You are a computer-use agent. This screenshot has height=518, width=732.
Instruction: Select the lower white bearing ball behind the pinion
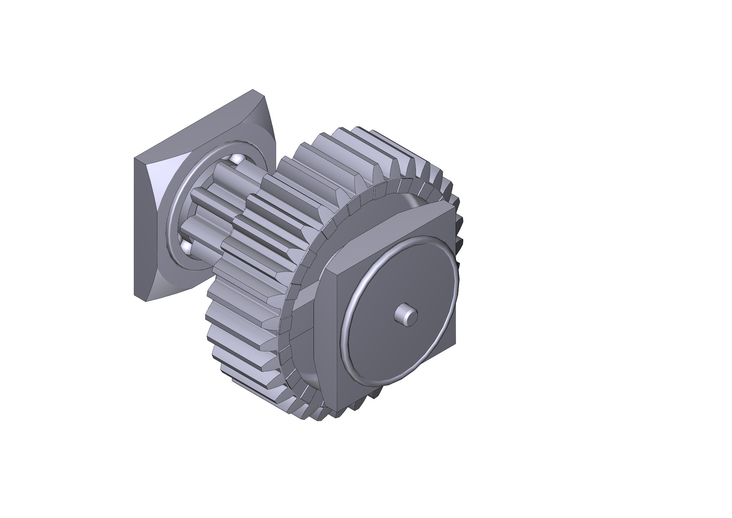[186, 246]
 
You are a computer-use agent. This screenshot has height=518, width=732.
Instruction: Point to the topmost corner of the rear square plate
[253, 90]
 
